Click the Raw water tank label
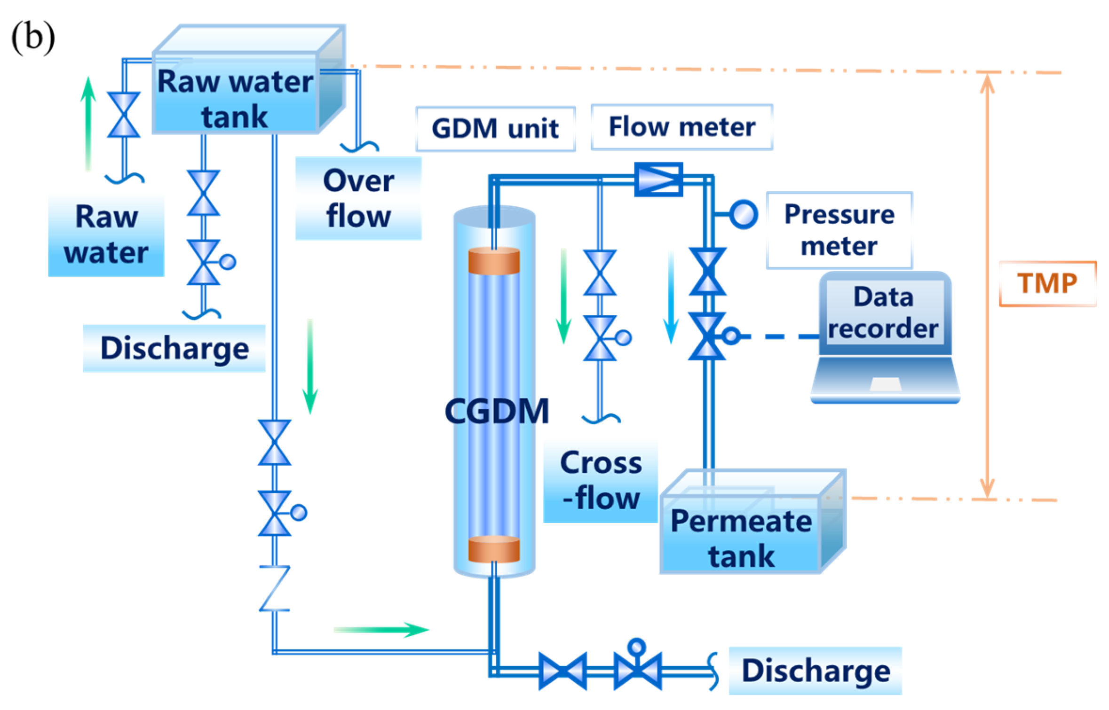235,99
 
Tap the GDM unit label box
495,128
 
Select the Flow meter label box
681,127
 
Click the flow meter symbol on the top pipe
658,179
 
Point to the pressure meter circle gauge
744,214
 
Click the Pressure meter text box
839,230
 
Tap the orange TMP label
1047,283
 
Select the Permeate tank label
741,538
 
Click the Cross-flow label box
600,481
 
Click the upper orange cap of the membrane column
494,261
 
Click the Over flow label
358,198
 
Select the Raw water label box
106,235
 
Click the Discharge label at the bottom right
815,671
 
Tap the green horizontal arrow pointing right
381,630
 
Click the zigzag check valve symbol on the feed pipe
275,588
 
